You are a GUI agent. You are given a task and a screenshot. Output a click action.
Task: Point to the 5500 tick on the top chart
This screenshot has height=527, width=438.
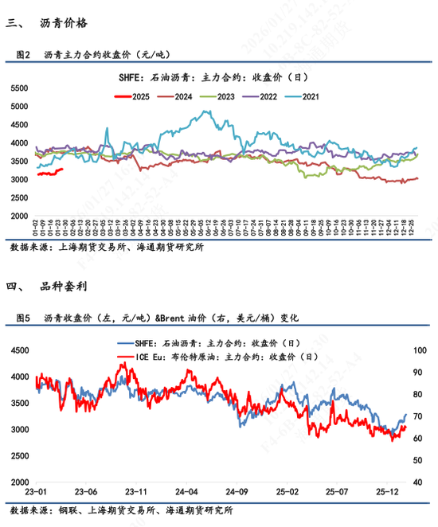click(x=20, y=88)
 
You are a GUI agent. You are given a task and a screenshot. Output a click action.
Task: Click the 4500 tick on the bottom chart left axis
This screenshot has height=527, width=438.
click(x=20, y=349)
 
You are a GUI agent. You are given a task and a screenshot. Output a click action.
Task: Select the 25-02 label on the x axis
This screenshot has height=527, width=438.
click(x=286, y=494)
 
